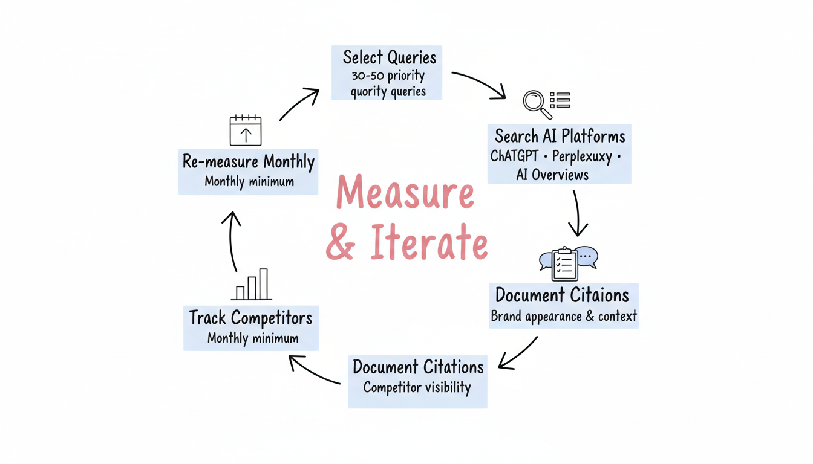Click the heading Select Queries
389,57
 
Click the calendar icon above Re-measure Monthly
246,130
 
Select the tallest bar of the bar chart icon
263,284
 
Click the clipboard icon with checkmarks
564,263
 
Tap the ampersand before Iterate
341,243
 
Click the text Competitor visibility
417,387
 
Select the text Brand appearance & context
563,316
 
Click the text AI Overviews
552,175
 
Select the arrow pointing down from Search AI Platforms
577,213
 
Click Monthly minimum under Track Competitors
253,338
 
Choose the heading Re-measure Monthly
248,162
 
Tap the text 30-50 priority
388,76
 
